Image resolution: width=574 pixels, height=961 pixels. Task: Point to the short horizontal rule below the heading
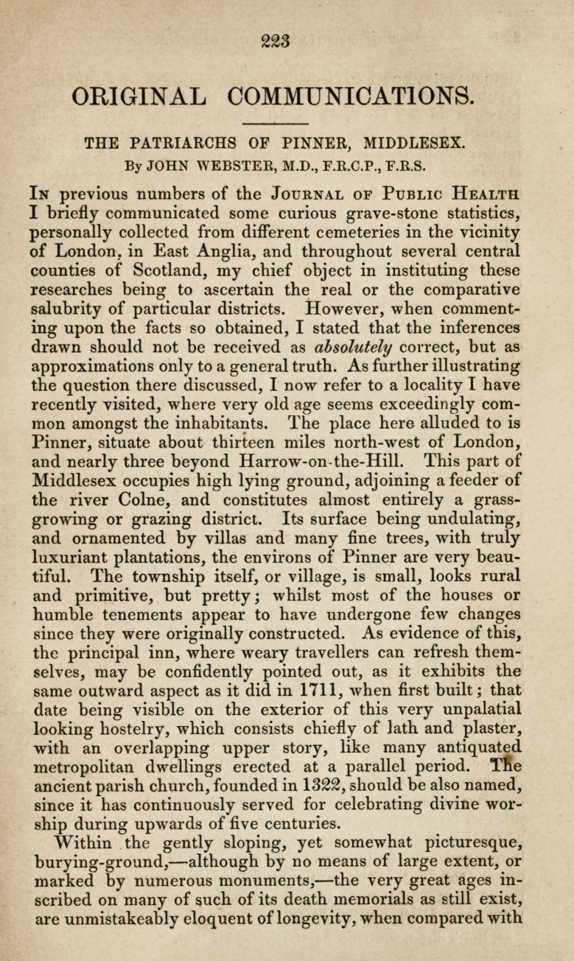pyautogui.click(x=274, y=123)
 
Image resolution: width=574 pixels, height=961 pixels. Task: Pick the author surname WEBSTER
pyautogui.click(x=225, y=166)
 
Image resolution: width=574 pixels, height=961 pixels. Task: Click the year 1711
pyautogui.click(x=299, y=690)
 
